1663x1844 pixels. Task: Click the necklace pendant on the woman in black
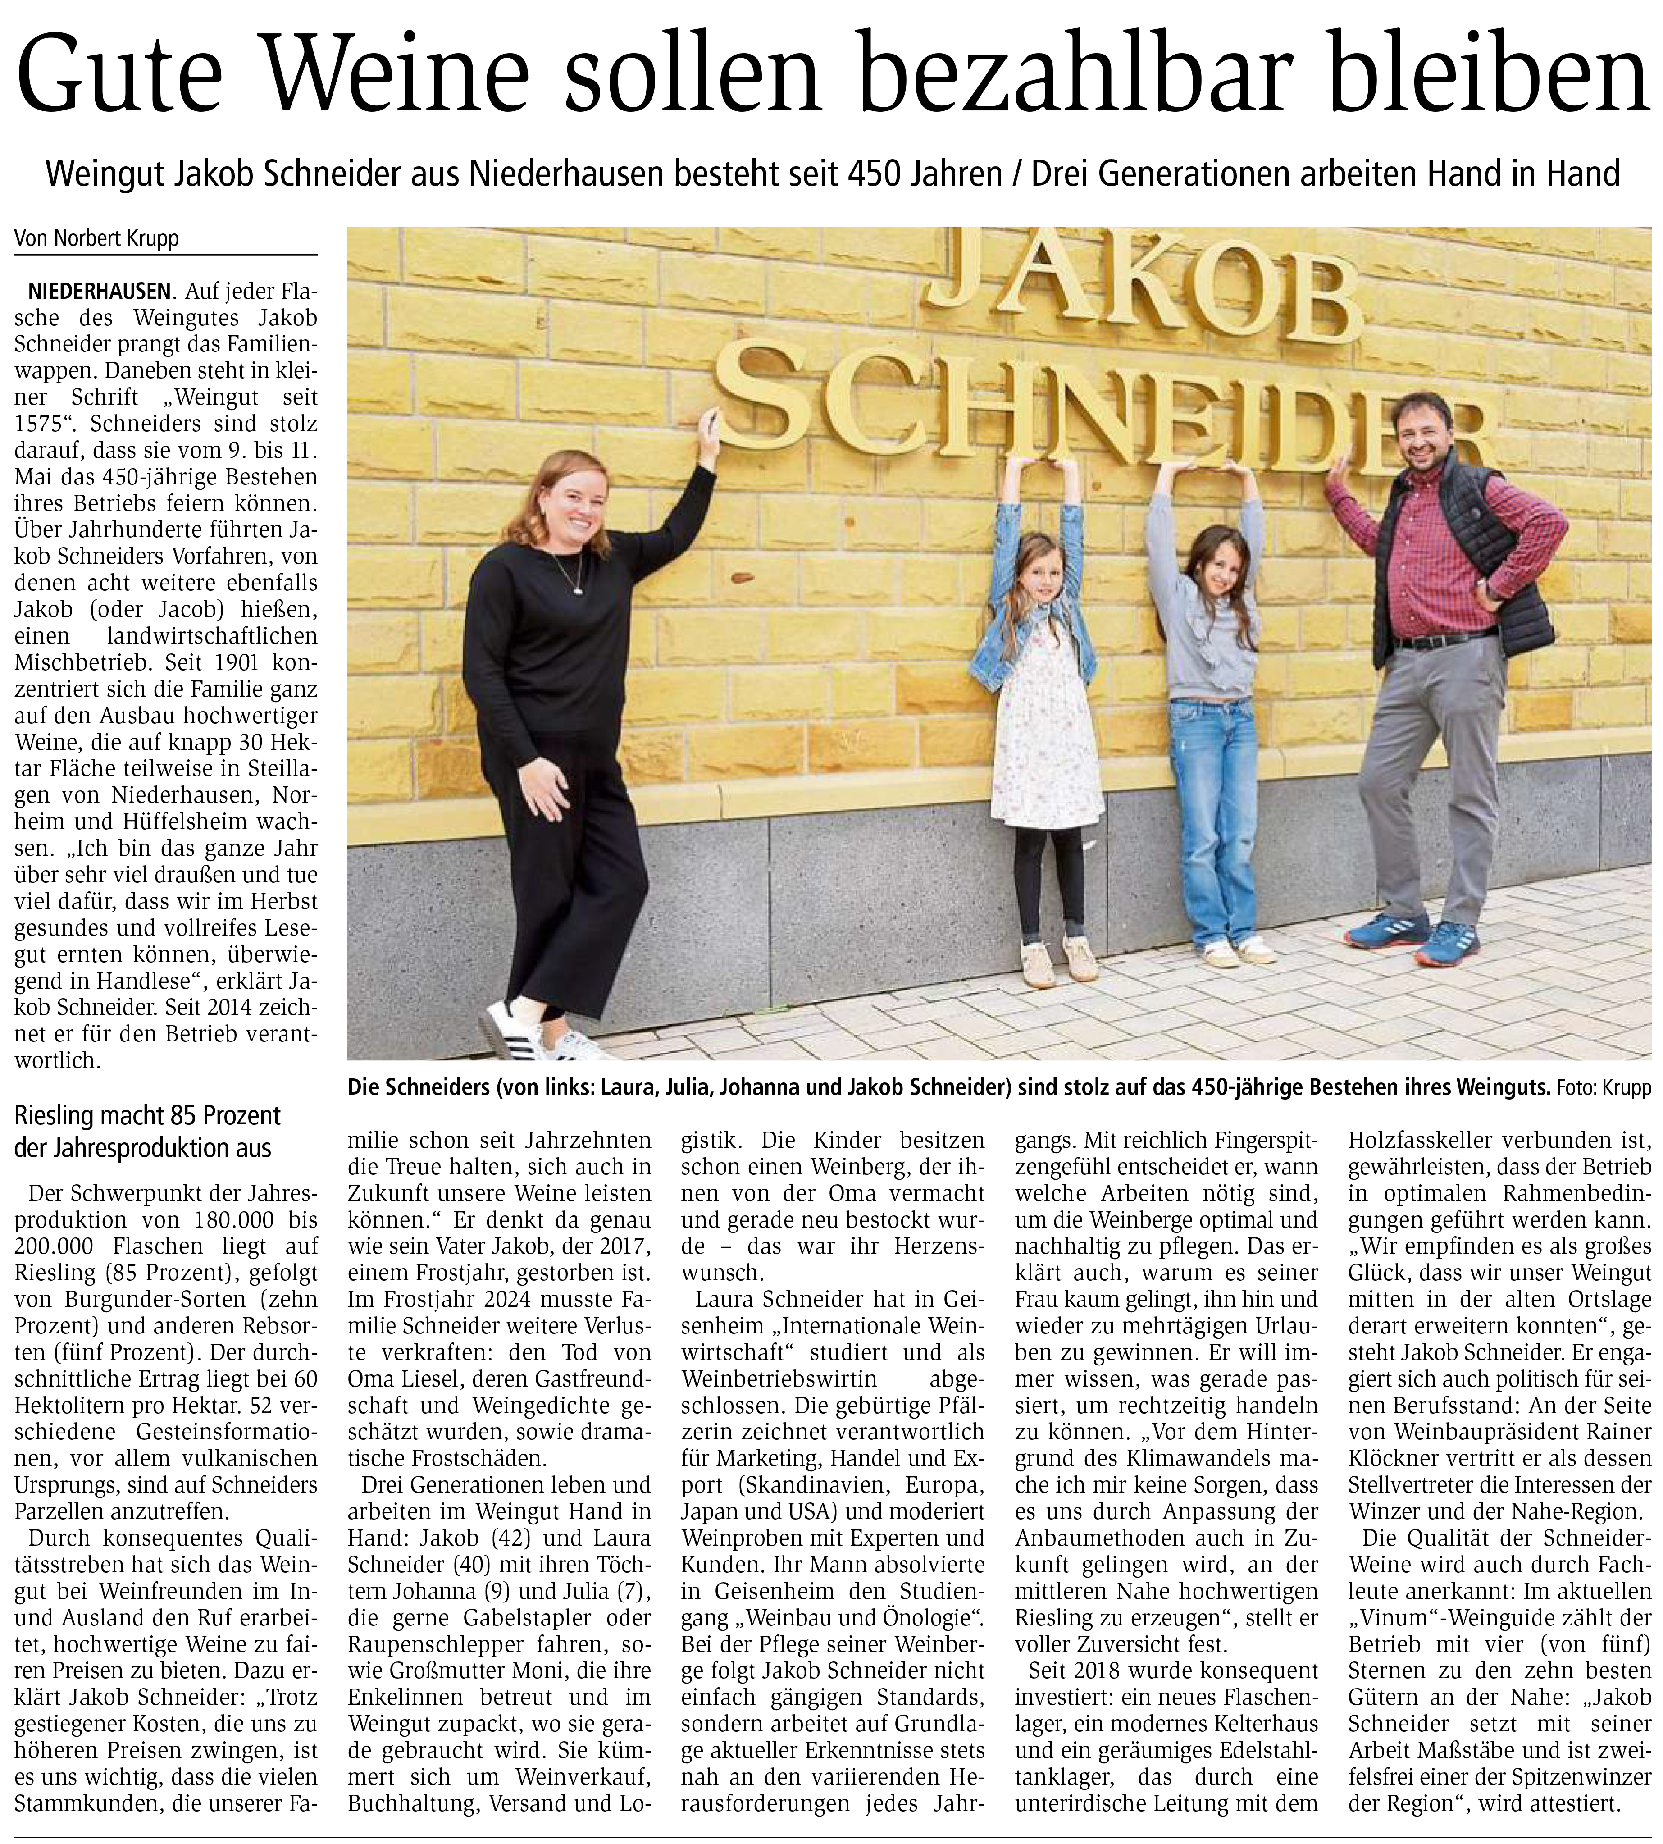(x=578, y=590)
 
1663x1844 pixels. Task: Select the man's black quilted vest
(x=1499, y=566)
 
